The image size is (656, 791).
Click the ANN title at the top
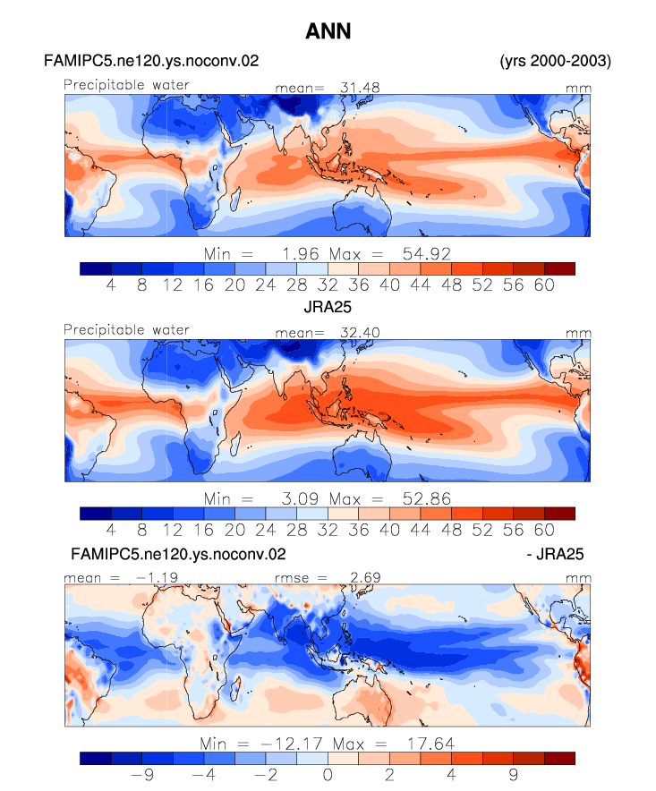328,31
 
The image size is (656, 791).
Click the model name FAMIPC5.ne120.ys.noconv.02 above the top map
151,61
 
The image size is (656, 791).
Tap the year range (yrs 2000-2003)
555,61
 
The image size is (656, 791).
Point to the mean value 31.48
360,88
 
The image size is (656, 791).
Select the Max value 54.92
426,254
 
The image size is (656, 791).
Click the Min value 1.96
300,254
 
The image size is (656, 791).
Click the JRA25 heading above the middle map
328,307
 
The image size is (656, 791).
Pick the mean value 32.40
360,333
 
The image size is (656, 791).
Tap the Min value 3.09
300,499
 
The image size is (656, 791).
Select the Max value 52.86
426,499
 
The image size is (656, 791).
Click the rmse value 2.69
365,578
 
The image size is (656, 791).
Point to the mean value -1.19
157,578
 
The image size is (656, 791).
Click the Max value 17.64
431,744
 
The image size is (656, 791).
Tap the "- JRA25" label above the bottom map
555,555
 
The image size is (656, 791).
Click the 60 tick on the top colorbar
544,285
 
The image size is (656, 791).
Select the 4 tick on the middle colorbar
111,531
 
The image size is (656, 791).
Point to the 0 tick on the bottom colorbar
328,775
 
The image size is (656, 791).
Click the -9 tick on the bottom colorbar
142,775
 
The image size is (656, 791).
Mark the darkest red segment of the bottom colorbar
559,759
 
